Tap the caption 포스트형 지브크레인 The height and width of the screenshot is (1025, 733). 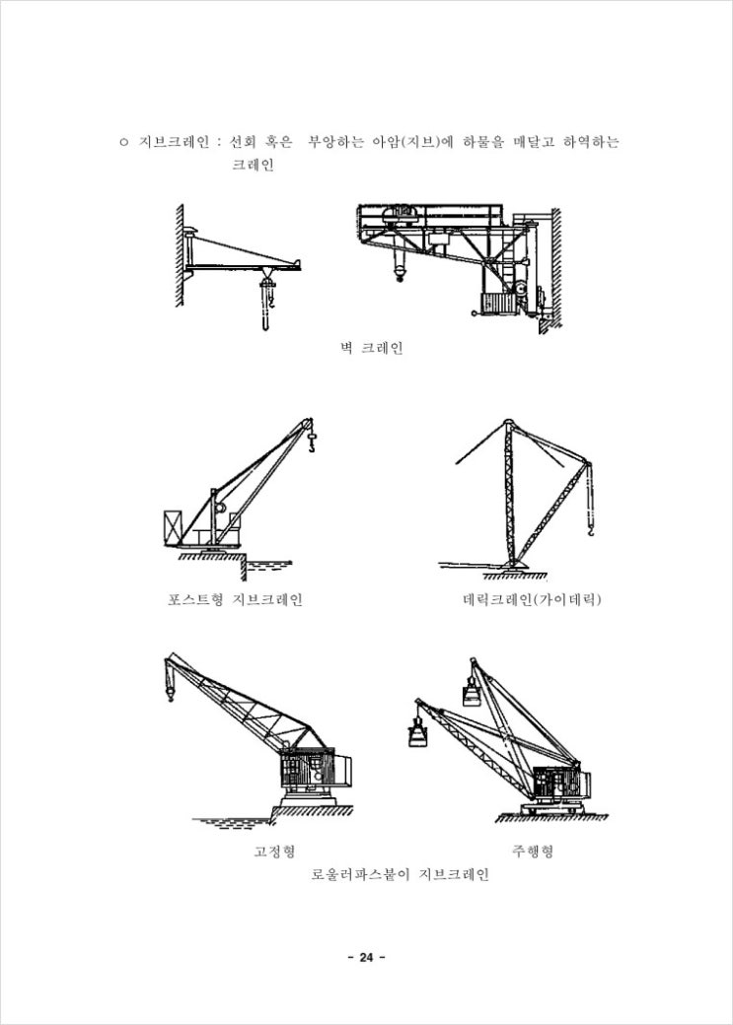236,599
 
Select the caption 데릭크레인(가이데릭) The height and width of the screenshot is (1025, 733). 532,599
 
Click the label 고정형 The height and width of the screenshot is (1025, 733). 274,852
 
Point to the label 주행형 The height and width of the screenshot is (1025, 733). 533,852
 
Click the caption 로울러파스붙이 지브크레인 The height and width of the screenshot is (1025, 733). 400,874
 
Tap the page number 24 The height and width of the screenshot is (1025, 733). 366,958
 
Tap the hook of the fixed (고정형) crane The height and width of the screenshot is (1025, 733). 171,692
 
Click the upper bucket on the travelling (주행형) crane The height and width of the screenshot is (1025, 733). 472,693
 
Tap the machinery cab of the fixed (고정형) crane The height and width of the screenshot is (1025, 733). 314,772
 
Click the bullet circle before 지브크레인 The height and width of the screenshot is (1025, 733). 123,143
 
